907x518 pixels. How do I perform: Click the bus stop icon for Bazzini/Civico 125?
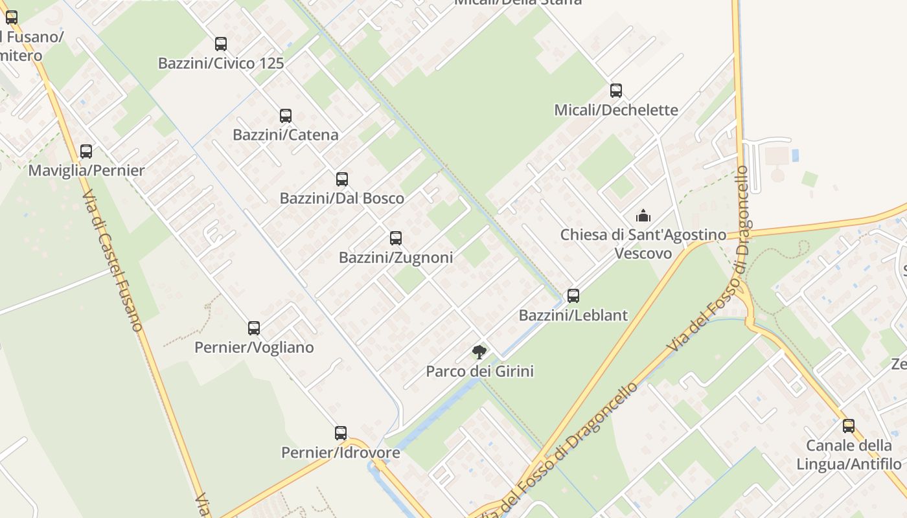point(221,44)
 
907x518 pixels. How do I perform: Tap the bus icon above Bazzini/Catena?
point(286,116)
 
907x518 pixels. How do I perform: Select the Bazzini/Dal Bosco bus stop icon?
point(342,179)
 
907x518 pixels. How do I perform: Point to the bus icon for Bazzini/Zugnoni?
point(396,238)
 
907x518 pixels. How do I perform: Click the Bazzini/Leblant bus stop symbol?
point(573,296)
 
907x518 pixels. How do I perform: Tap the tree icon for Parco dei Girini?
point(479,352)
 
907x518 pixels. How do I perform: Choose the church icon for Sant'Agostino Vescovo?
point(643,216)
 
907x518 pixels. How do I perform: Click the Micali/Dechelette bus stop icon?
point(616,91)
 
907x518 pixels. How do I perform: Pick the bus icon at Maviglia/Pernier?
point(86,152)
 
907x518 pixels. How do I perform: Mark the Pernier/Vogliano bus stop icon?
point(254,328)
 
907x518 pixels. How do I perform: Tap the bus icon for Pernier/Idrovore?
point(341,433)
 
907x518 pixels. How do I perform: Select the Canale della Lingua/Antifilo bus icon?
point(849,426)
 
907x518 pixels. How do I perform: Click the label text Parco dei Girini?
point(479,372)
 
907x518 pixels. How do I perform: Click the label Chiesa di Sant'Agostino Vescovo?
point(643,243)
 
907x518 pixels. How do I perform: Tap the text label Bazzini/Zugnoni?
point(396,258)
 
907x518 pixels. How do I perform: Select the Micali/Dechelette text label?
point(616,110)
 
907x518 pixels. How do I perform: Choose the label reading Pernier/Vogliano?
point(254,348)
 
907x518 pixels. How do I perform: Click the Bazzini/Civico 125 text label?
point(221,63)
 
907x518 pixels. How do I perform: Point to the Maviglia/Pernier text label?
point(86,171)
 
